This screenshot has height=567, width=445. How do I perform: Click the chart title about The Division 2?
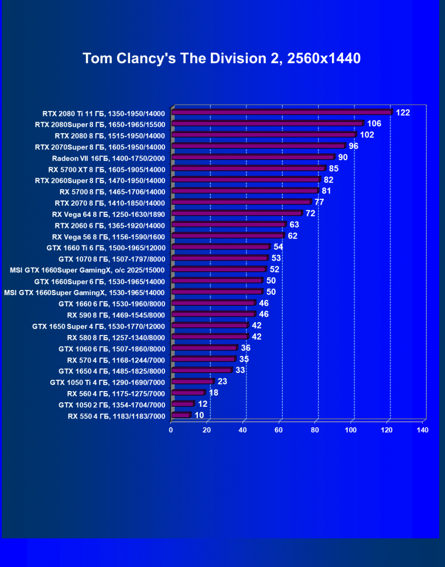(x=221, y=58)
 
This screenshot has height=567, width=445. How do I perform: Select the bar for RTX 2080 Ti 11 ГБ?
(x=281, y=112)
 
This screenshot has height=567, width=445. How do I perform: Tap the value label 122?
(x=403, y=112)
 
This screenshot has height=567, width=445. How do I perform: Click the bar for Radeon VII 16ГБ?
(x=252, y=157)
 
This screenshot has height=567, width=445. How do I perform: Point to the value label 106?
(x=374, y=123)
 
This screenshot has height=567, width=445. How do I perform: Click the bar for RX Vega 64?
(x=237, y=214)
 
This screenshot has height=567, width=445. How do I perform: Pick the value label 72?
(x=310, y=213)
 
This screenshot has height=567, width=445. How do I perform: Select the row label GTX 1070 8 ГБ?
(x=112, y=258)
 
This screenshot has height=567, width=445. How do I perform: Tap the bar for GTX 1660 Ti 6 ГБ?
(x=220, y=247)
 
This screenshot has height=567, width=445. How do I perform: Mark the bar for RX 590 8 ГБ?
(x=213, y=314)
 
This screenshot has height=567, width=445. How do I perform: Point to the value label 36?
(x=246, y=348)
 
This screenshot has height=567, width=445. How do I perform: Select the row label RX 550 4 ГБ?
(x=117, y=416)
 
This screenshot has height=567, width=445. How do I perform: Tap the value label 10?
(x=200, y=415)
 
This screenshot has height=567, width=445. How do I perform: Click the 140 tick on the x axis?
(x=422, y=430)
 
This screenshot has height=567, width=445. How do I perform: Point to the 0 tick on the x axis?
(x=171, y=430)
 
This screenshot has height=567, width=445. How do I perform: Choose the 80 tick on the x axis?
(x=315, y=430)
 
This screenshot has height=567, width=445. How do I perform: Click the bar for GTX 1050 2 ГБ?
(x=183, y=404)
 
